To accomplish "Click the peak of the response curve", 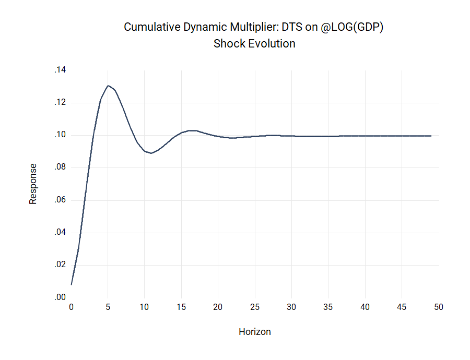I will click(x=108, y=86).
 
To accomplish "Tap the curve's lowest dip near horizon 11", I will click(x=151, y=153).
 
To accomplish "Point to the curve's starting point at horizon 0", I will click(x=72, y=284).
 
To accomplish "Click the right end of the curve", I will click(x=431, y=136).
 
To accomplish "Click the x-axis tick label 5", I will click(x=108, y=307).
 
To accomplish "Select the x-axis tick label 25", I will click(x=255, y=307).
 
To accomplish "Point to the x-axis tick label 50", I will click(x=439, y=307).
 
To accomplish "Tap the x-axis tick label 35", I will click(x=328, y=307).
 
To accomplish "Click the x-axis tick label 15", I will click(x=181, y=307).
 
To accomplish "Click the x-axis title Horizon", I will click(x=255, y=332).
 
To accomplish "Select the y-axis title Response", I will click(x=33, y=184).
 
